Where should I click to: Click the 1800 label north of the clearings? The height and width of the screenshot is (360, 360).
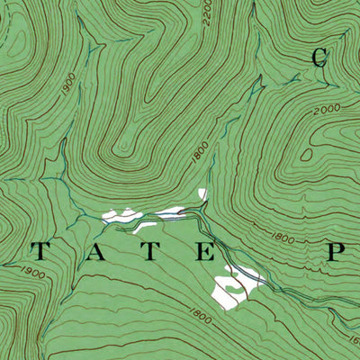[x=199, y=156]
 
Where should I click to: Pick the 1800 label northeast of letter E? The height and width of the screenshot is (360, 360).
[x=283, y=239]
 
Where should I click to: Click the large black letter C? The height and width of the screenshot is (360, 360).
[x=319, y=57]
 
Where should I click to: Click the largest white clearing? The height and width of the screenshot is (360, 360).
[x=228, y=290]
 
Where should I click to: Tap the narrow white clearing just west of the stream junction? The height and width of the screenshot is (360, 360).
[x=174, y=212]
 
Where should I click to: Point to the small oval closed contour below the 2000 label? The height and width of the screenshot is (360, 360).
[x=307, y=154]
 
